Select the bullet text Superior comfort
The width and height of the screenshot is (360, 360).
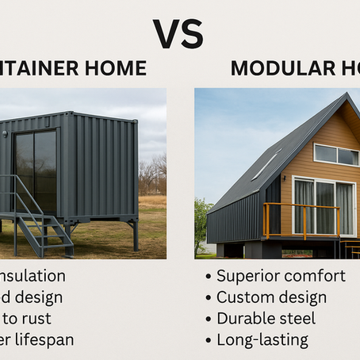(281, 276)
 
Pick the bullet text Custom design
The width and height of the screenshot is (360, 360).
(271, 298)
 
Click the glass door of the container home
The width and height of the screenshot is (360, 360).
(36, 170)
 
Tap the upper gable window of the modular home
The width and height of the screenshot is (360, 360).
(336, 154)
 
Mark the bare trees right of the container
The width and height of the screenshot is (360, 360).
(152, 176)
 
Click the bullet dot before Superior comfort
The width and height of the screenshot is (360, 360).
(209, 278)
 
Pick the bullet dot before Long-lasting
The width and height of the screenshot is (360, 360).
(209, 342)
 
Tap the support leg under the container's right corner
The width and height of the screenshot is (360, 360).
(136, 234)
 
